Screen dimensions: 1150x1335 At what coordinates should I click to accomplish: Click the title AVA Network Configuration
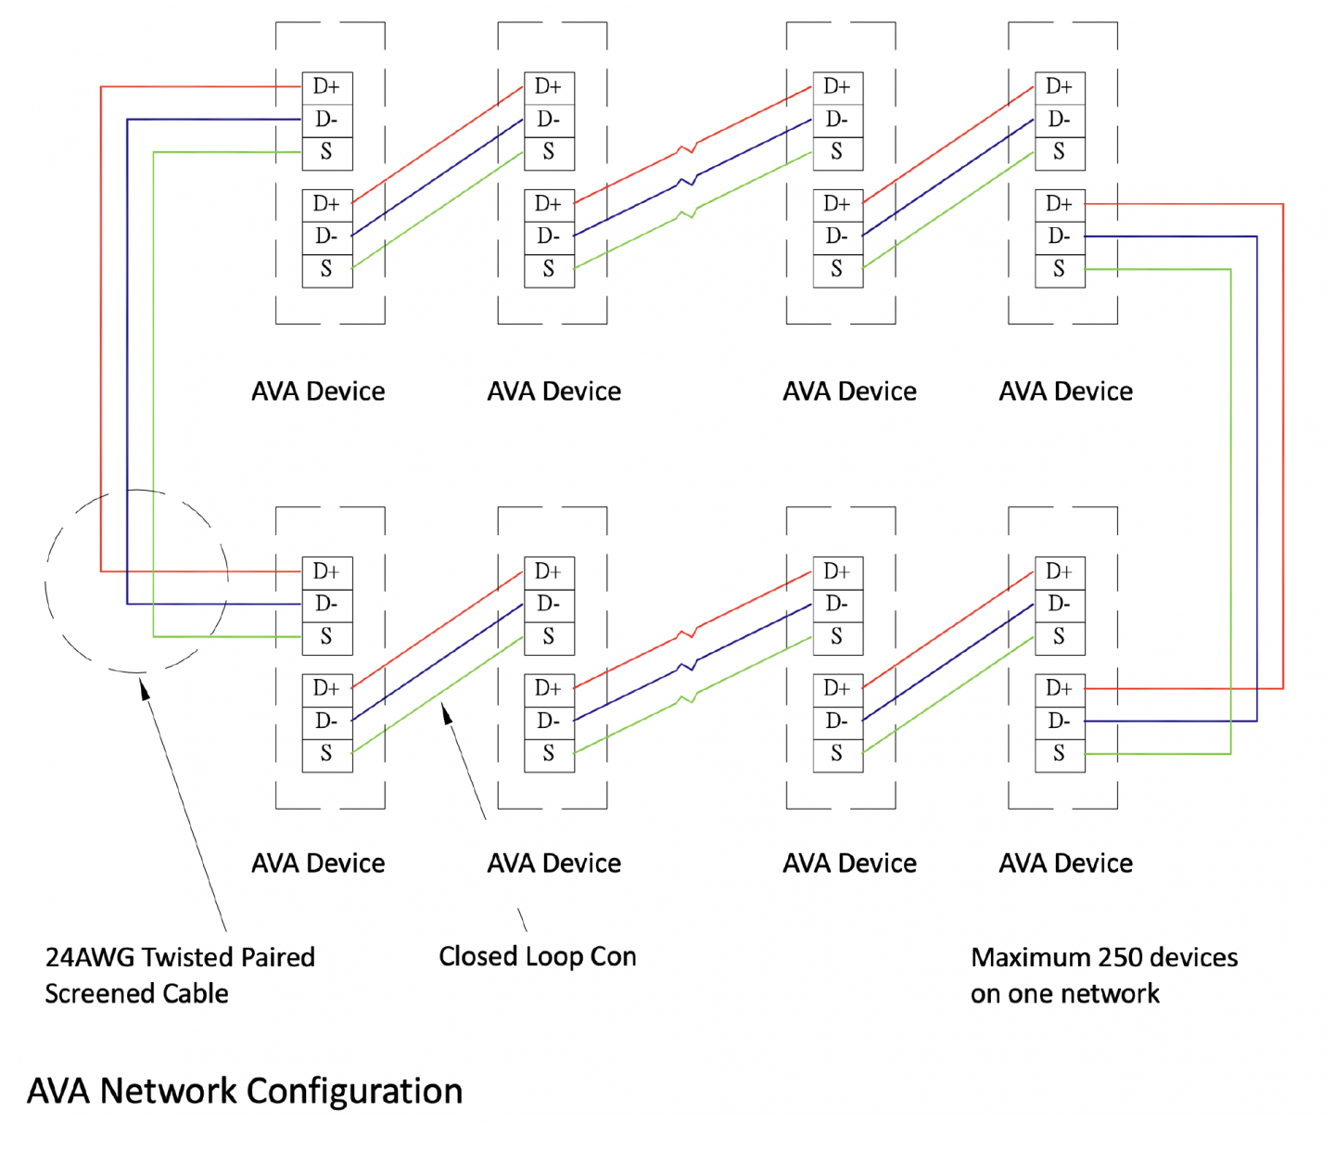click(245, 1091)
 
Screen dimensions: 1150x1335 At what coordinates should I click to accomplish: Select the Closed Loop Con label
click(537, 956)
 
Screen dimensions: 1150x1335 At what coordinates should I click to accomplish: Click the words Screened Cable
click(136, 994)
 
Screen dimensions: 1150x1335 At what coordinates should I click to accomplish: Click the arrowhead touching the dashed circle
click(145, 688)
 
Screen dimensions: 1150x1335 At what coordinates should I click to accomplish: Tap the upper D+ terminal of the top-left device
click(326, 87)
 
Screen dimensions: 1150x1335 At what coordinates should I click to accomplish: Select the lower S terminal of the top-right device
click(1059, 270)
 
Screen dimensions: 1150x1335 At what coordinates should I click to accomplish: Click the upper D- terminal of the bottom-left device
click(326, 605)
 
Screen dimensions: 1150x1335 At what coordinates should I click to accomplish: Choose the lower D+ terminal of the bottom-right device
click(1059, 689)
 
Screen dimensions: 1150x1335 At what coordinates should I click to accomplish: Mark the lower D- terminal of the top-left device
click(326, 236)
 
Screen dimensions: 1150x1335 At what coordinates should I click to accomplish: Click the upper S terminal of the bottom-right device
click(1059, 637)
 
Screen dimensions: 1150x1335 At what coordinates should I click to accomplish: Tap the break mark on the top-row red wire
click(687, 147)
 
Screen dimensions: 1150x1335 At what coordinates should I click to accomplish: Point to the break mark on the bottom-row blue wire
click(687, 665)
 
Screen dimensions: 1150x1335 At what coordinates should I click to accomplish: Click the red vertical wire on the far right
click(1283, 445)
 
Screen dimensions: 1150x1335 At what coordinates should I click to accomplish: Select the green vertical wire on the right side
click(1231, 510)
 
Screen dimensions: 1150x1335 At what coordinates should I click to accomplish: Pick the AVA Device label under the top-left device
click(318, 391)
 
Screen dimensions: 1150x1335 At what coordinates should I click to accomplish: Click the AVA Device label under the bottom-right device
click(1065, 863)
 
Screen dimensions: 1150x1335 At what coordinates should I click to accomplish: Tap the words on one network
click(1064, 994)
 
